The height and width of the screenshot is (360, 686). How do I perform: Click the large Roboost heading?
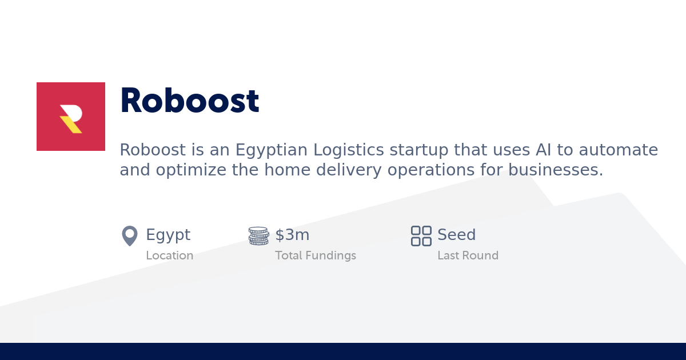189,101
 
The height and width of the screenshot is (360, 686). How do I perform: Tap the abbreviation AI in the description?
543,150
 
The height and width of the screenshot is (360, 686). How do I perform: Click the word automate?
619,150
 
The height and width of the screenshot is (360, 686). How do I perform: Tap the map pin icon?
130,235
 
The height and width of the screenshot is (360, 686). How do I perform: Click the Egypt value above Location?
168,235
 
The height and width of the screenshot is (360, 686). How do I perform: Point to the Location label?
169,255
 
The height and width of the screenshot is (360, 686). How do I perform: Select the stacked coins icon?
258,235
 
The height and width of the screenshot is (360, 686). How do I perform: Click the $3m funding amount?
292,235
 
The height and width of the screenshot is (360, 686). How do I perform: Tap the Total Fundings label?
316,255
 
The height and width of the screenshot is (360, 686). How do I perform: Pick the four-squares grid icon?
421,235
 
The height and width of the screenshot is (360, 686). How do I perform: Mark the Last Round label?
468,255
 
